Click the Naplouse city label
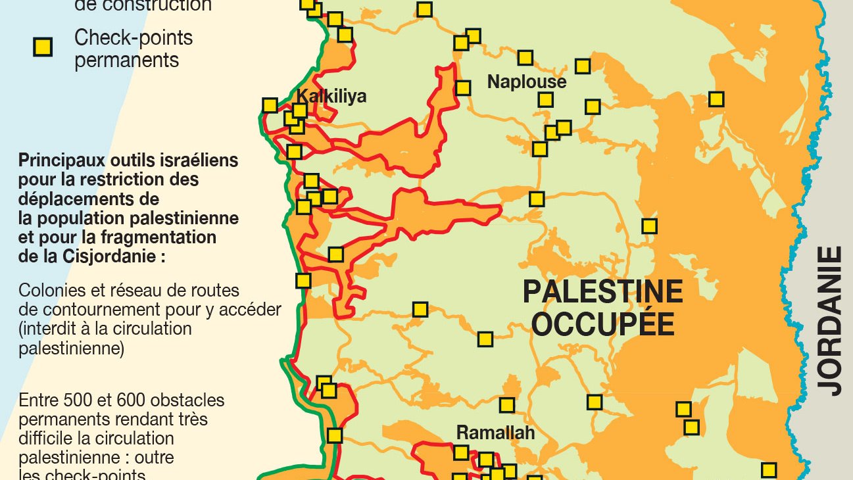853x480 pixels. coord(526,82)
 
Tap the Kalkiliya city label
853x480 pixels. coord(331,96)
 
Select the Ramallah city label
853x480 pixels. coord(495,433)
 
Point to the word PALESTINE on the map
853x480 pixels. coord(602,291)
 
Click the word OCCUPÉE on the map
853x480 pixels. coord(602,324)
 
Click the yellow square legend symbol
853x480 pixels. coord(43,47)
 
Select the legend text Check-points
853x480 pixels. coord(134,37)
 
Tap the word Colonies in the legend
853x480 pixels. coord(51,290)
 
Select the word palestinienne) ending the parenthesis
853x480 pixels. coord(72,348)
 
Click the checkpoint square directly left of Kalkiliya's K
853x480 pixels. coord(270,105)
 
